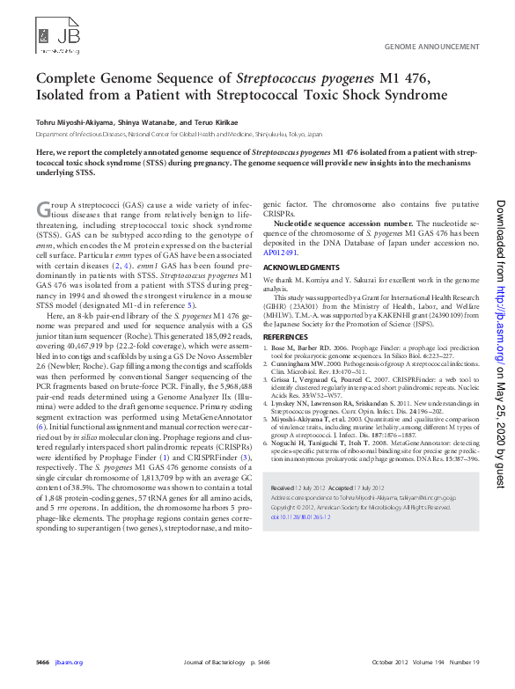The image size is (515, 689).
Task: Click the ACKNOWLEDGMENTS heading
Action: coord(301,267)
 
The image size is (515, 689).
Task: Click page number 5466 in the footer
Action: coord(42,662)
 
